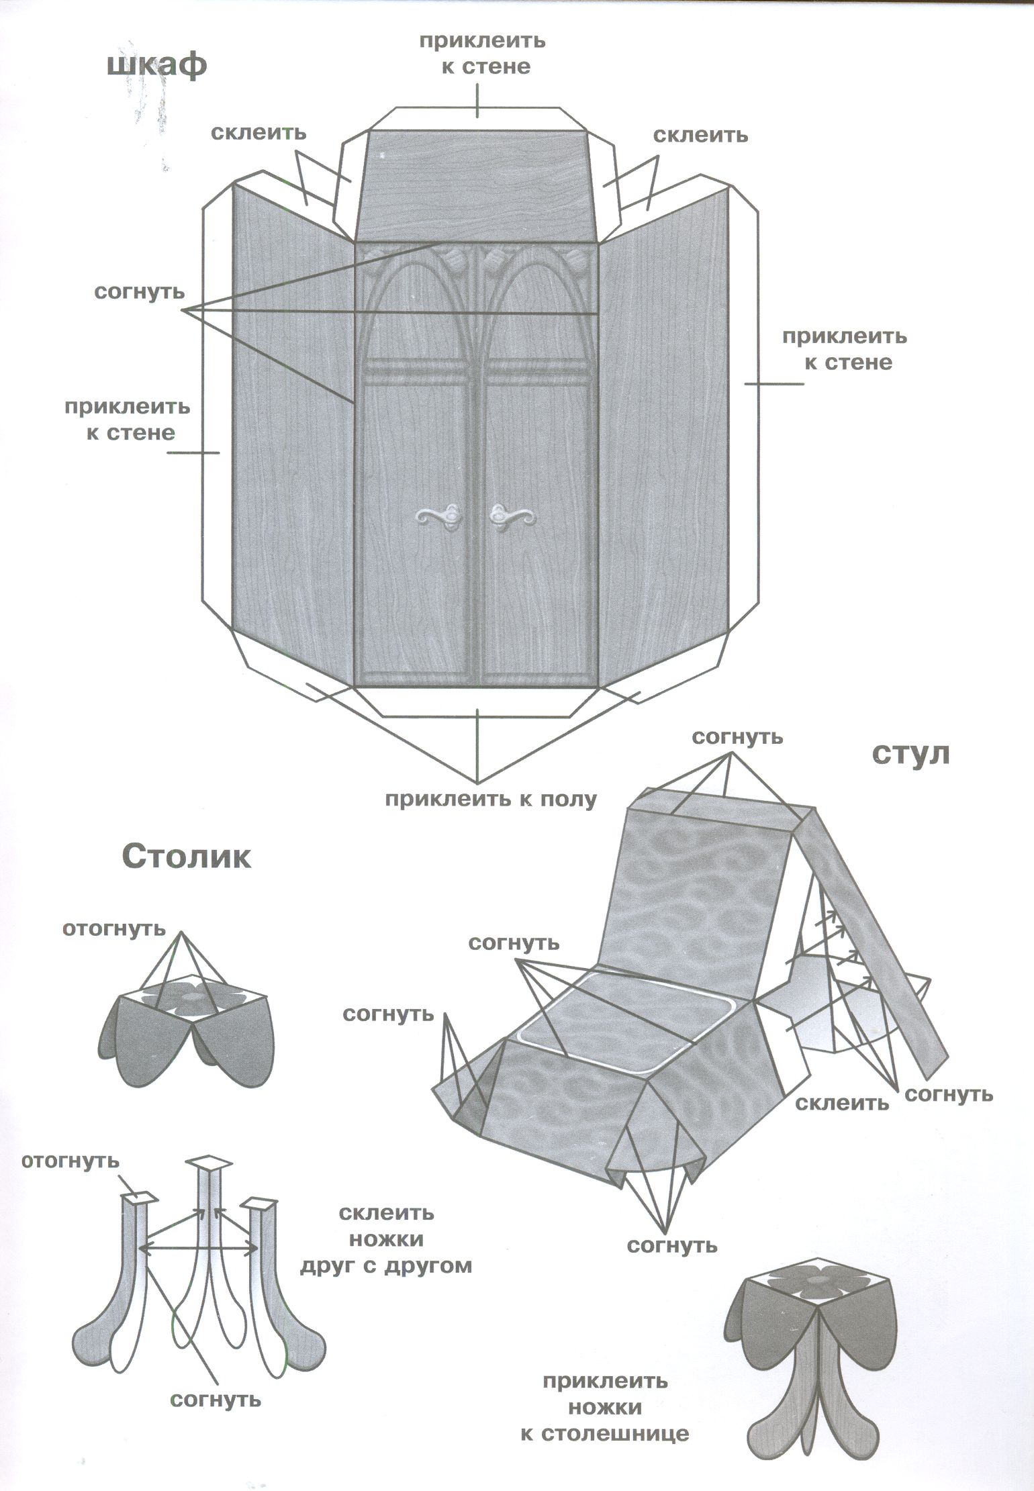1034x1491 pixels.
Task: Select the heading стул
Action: click(x=911, y=755)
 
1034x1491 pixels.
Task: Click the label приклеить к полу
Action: click(x=490, y=799)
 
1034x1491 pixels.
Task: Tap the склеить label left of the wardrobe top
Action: click(x=258, y=132)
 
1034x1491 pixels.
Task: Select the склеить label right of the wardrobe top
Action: click(x=700, y=135)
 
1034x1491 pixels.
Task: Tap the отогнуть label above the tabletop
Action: click(x=113, y=928)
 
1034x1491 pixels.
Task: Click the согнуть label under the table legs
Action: click(x=215, y=1400)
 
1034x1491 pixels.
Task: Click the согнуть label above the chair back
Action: click(x=737, y=737)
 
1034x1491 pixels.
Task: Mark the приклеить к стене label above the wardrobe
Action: click(x=483, y=54)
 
